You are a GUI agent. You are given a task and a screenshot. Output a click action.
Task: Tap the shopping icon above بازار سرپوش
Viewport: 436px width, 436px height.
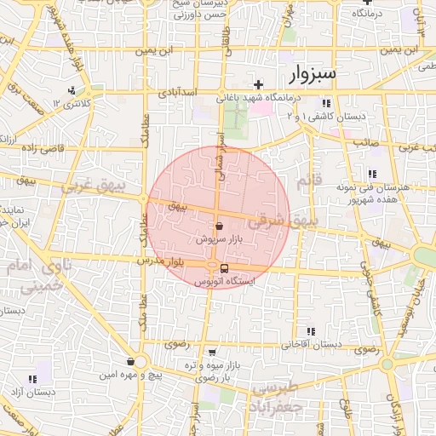click(x=220, y=227)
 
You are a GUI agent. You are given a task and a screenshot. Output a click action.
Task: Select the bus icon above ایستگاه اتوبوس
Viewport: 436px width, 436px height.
click(x=224, y=268)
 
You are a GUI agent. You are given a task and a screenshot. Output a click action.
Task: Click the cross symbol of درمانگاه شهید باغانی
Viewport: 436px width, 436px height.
click(x=258, y=84)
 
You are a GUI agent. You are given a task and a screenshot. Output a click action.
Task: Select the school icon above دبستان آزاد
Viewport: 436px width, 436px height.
click(x=32, y=378)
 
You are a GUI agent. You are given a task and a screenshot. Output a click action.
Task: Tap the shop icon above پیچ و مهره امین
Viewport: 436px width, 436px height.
click(x=130, y=361)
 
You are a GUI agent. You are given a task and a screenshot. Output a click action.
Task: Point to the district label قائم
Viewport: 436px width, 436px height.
click(x=305, y=181)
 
